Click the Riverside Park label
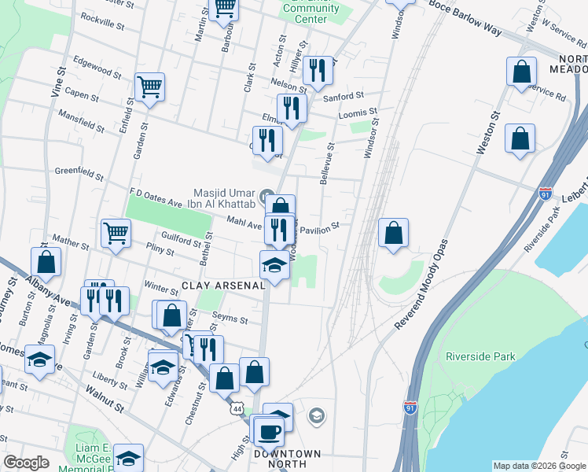coord(480,356)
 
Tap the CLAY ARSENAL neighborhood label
coord(224,286)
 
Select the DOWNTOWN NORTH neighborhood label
coord(287,459)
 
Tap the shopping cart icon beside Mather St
coord(116,232)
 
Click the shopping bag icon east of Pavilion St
coord(393,232)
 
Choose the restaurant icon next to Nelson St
coord(318,71)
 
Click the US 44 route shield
coord(236,409)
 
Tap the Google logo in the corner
coord(26,463)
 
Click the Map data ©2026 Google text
coord(539,466)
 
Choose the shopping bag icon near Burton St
coord(46,263)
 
